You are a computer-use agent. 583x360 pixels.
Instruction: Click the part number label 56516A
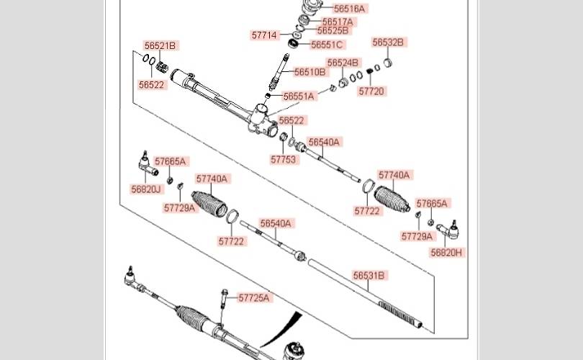coord(349,9)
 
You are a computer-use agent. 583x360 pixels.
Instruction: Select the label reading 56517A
coord(338,22)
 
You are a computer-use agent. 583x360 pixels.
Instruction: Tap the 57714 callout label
coord(264,35)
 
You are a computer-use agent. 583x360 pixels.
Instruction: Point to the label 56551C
coord(327,45)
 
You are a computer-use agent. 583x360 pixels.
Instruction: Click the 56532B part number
coord(388,42)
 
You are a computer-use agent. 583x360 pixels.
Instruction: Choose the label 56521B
coord(160,46)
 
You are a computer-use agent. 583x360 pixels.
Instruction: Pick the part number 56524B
coord(343,63)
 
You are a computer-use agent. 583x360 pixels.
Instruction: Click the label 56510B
coord(310,72)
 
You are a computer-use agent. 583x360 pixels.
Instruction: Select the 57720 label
coord(371,91)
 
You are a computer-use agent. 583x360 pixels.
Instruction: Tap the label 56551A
coord(299,96)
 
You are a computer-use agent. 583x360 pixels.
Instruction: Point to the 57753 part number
coord(284,160)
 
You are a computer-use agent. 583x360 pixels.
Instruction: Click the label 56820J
coord(146,189)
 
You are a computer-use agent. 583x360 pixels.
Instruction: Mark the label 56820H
coord(446,253)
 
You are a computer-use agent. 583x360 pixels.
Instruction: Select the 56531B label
coord(369,276)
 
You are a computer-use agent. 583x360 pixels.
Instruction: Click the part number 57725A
coord(254,298)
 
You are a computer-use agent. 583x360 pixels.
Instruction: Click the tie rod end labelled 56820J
coord(148,165)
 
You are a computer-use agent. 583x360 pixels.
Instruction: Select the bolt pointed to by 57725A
coord(224,299)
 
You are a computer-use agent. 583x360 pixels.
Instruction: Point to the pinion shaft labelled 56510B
coord(279,72)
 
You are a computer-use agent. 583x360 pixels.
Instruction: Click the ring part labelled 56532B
coord(387,62)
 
